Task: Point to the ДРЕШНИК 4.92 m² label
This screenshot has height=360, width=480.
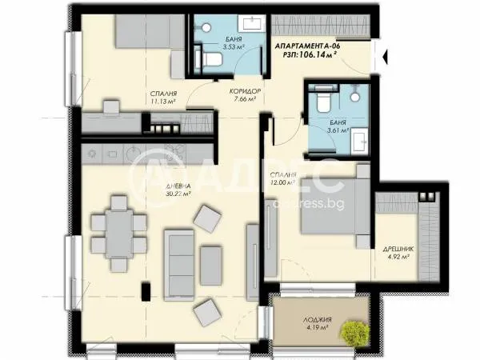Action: tap(396, 253)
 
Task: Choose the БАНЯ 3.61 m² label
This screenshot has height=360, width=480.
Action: tap(338, 126)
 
